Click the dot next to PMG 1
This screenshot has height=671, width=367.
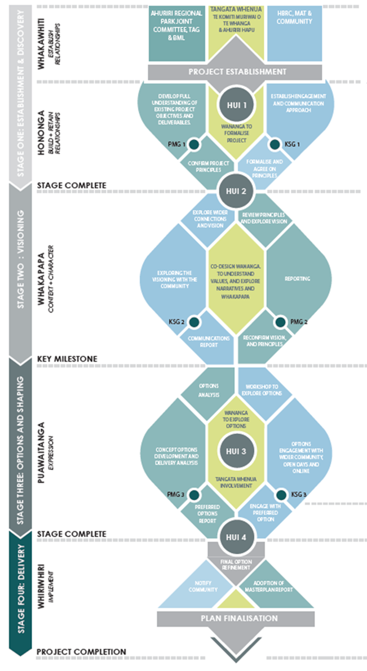[x=193, y=144]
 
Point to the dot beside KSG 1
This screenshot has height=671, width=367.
[x=275, y=144]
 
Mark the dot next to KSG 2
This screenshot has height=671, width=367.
[x=194, y=322]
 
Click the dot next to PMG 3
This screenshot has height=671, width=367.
[x=194, y=494]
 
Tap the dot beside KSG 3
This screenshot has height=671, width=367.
[x=275, y=494]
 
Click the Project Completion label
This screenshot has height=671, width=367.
[x=81, y=651]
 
